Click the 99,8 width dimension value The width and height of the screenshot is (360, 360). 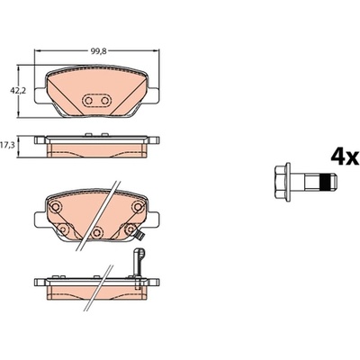[98, 51]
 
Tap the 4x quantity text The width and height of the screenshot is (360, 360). [345, 157]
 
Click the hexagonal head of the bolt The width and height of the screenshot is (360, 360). [283, 182]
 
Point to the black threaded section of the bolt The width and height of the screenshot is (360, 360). [325, 182]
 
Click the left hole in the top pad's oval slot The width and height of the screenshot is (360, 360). [88, 101]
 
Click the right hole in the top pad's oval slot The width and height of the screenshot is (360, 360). [104, 101]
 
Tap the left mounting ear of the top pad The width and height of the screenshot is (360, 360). [40, 96]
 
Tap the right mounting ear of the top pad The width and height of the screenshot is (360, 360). [153, 96]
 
